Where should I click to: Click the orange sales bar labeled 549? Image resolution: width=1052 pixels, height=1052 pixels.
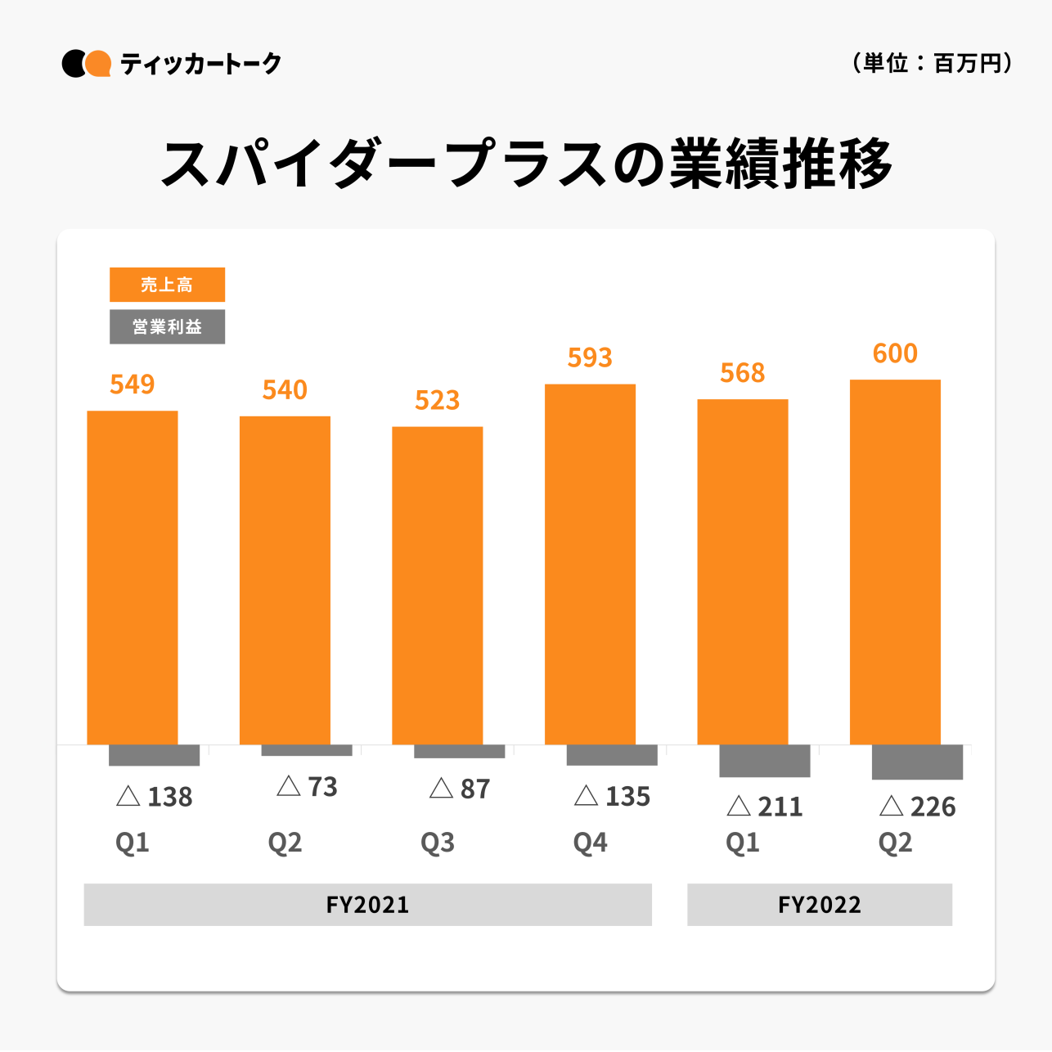[x=133, y=578]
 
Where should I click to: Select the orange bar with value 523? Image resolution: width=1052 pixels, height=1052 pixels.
[x=438, y=586]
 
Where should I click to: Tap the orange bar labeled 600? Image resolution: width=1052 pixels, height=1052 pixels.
[x=895, y=562]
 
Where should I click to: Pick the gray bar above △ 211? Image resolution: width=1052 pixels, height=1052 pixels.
[x=765, y=761]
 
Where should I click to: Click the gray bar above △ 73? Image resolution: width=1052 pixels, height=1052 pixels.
[x=307, y=750]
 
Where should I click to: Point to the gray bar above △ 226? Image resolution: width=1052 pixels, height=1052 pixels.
[x=917, y=762]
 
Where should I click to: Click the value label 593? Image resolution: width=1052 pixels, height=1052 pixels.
[x=590, y=357]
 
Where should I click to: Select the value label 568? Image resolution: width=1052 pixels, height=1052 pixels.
[x=743, y=373]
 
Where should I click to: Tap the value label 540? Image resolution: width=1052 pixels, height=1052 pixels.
[x=285, y=390]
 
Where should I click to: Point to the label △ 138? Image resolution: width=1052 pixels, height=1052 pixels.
[x=155, y=797]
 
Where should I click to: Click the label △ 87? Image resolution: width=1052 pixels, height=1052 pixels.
[x=460, y=789]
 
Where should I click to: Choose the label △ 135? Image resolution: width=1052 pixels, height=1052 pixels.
[x=612, y=797]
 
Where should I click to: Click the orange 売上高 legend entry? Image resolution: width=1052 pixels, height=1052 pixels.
[x=167, y=285]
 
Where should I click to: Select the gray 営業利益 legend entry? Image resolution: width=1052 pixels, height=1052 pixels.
[x=167, y=326]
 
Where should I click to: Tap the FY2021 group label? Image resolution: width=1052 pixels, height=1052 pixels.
[x=367, y=905]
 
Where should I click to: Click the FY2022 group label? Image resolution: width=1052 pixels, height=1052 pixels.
[x=820, y=905]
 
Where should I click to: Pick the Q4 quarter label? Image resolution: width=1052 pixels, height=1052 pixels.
[x=590, y=843]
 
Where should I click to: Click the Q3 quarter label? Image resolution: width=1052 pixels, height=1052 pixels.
[x=438, y=843]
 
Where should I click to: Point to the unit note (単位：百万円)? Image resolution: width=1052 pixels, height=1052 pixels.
[x=933, y=63]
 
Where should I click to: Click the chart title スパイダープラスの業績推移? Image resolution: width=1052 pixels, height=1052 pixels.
[x=526, y=164]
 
